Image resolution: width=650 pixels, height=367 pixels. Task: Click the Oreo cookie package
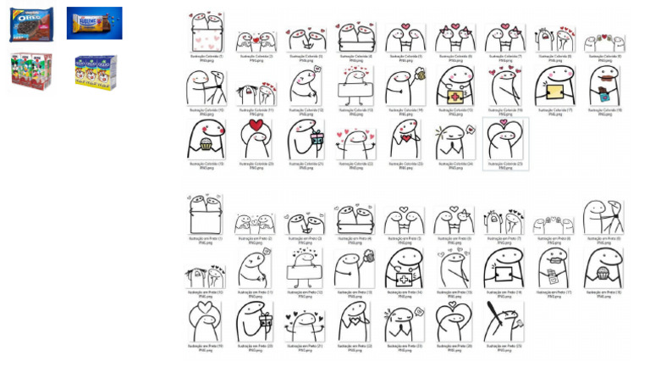[x=31, y=25]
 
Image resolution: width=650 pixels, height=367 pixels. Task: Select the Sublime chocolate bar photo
[x=94, y=23]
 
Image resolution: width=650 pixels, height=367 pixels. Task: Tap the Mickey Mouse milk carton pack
[x=31, y=71]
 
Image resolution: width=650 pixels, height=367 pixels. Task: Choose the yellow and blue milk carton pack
[x=94, y=71]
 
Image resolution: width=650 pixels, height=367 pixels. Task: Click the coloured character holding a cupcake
[x=206, y=139]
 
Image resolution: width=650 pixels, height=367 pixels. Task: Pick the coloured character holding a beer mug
[x=404, y=86]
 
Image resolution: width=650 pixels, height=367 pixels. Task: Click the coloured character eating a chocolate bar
[x=603, y=86]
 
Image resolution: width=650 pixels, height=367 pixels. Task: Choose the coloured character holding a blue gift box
[x=305, y=139]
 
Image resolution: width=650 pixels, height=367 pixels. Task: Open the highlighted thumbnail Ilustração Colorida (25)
[x=504, y=139]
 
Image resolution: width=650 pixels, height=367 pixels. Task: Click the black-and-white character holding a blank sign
[x=305, y=270]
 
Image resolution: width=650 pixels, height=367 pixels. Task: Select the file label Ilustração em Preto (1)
[x=206, y=240]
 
